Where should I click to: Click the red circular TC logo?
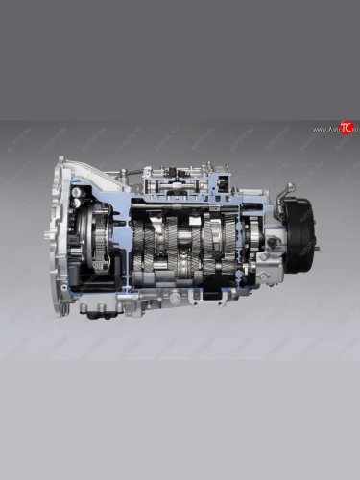pyautogui.click(x=347, y=128)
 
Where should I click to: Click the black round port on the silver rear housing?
pyautogui.click(x=273, y=244)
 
